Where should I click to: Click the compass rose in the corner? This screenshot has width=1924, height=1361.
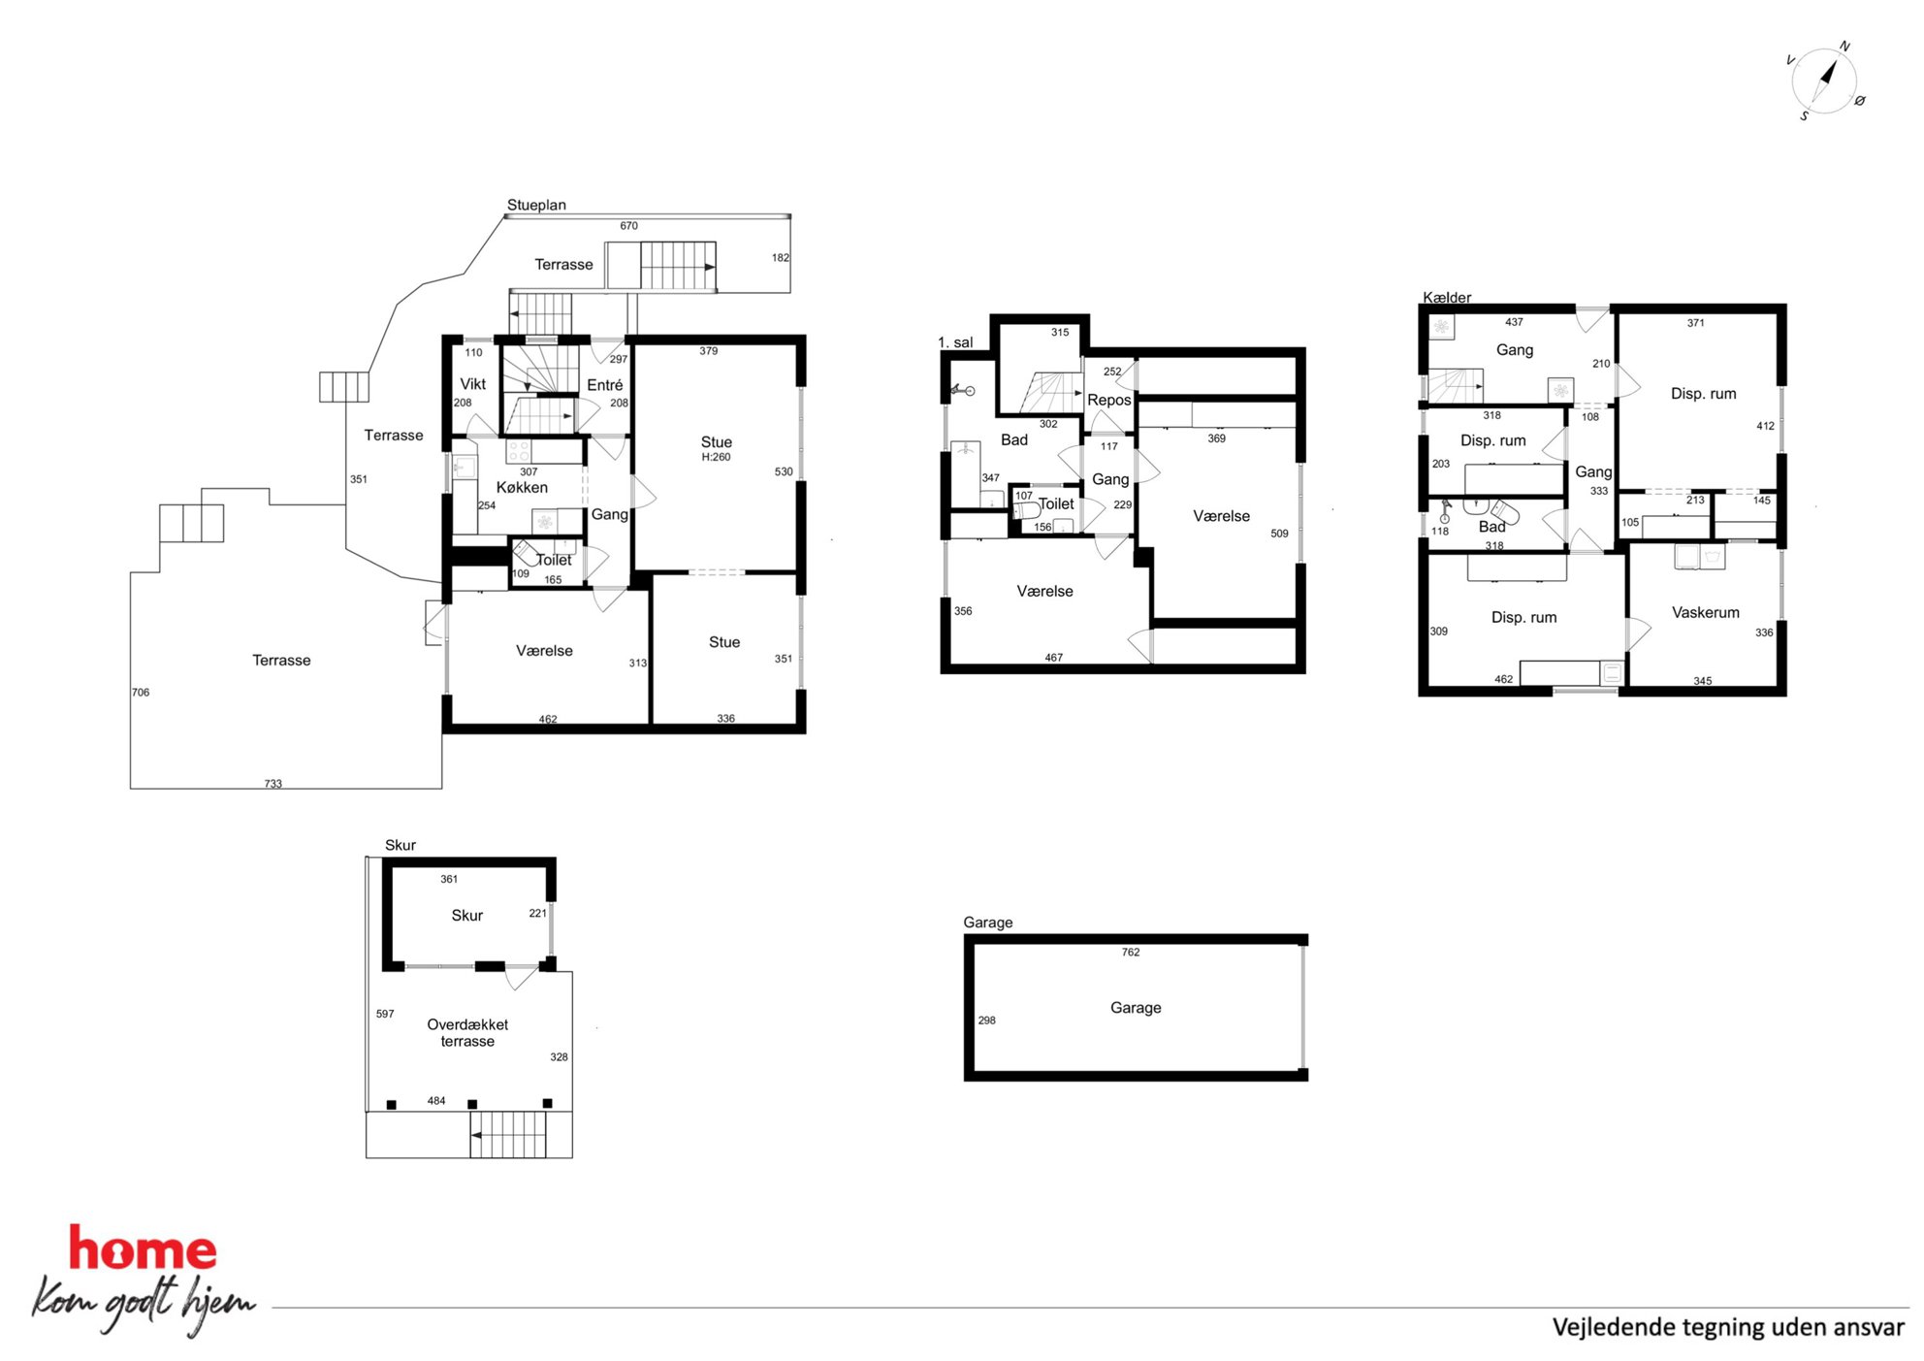1825,81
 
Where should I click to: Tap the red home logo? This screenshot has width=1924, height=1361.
143,1248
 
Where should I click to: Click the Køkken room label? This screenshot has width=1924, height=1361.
522,487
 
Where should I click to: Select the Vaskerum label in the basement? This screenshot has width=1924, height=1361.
1705,612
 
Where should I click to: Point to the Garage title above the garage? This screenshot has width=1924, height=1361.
987,922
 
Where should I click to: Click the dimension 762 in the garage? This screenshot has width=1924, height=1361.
1131,952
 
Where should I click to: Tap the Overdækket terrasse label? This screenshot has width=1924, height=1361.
467,1032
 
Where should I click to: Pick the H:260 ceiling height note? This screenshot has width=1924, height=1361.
716,457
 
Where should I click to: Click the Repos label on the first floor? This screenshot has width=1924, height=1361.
1109,400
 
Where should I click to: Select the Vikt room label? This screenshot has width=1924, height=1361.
472,384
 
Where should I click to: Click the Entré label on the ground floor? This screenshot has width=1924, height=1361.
604,385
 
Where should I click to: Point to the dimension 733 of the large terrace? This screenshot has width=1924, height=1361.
273,784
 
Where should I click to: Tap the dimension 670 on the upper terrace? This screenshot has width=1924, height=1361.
629,226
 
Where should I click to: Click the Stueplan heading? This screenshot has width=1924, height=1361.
536,205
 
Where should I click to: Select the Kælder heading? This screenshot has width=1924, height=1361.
1447,297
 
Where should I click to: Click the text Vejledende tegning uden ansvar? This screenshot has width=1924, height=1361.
1728,1327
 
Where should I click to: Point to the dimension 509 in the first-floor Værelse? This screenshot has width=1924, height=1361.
1279,534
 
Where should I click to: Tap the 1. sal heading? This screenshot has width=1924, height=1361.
955,342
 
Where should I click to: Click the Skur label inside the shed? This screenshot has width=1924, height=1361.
466,915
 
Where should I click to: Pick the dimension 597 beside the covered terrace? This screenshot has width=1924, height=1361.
385,1014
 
